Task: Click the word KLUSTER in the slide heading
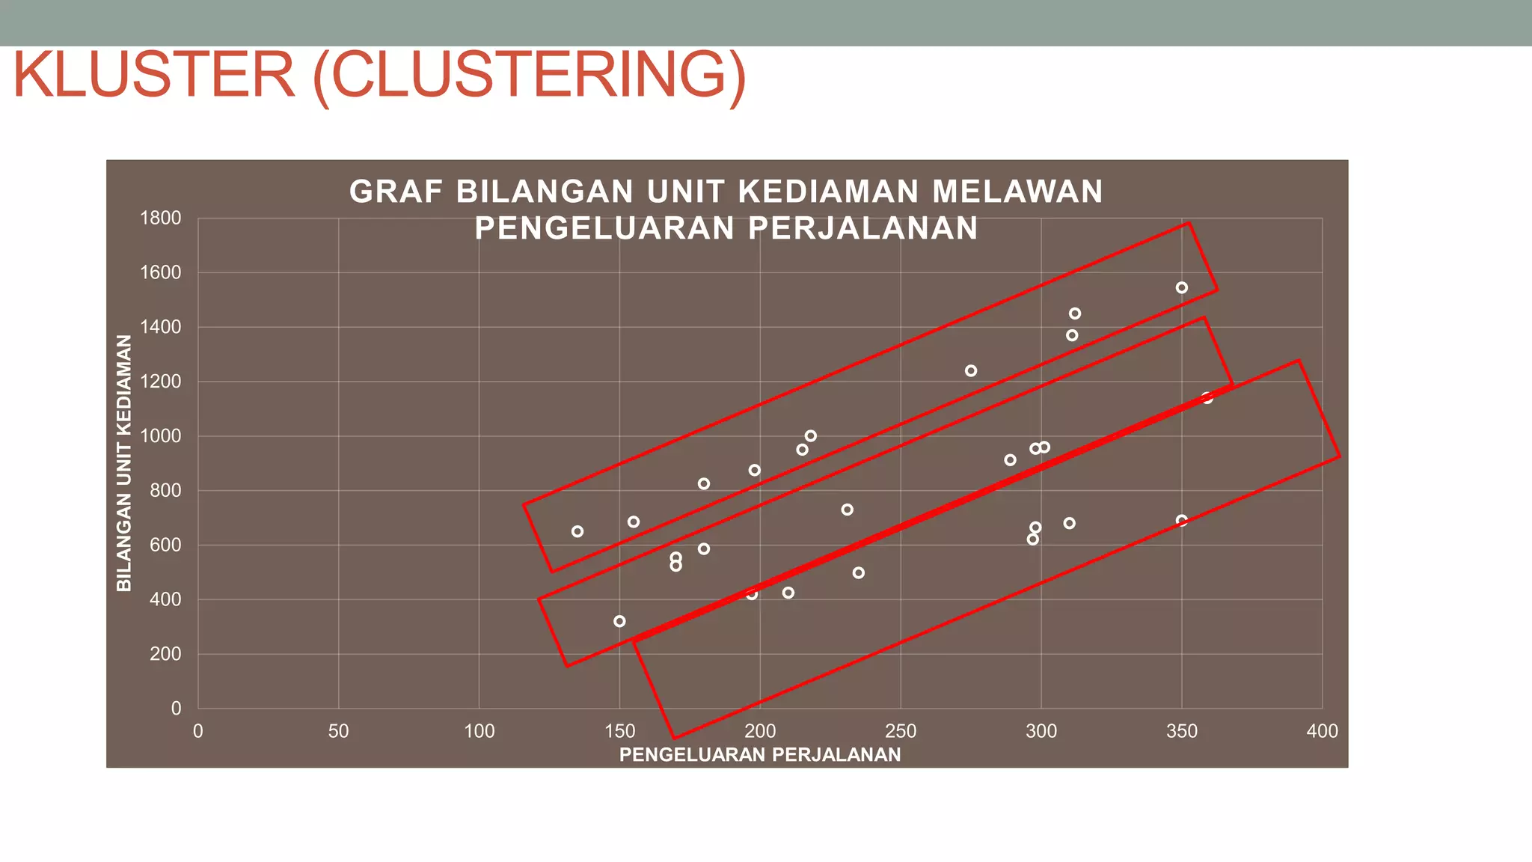(154, 75)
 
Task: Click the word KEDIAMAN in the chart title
(828, 192)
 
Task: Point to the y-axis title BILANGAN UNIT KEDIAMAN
(124, 462)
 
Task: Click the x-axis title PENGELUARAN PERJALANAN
(760, 755)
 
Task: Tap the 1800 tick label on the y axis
(160, 218)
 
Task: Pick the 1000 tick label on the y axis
(160, 435)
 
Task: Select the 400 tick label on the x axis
(1322, 731)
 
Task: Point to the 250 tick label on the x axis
(901, 731)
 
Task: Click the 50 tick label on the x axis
(338, 731)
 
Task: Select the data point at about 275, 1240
(971, 370)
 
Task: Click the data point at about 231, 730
(847, 510)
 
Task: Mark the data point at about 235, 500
(859, 572)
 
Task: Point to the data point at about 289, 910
(1010, 460)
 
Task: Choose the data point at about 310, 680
(1070, 523)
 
